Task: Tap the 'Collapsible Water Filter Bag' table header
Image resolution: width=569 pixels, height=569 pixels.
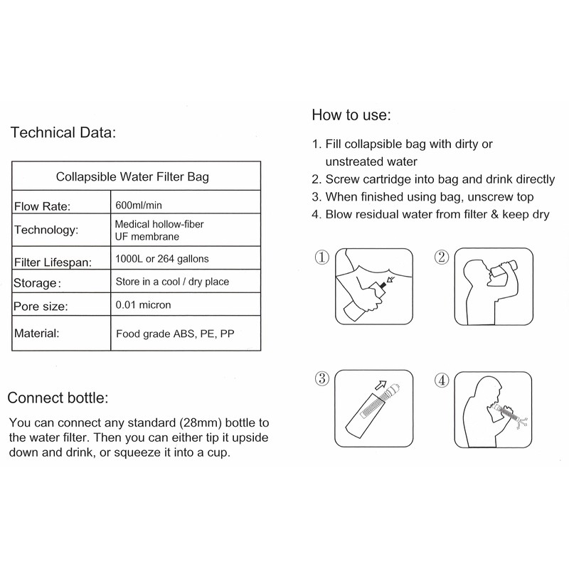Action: pyautogui.click(x=132, y=176)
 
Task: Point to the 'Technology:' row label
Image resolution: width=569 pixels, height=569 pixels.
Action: pyautogui.click(x=46, y=230)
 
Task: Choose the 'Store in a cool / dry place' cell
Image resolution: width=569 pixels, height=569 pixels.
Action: pyautogui.click(x=171, y=282)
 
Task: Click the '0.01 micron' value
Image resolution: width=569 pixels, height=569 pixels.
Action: pyautogui.click(x=143, y=305)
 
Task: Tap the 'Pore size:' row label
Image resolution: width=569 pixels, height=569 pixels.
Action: pyautogui.click(x=40, y=307)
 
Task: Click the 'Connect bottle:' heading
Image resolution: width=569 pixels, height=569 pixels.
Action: pyautogui.click(x=58, y=397)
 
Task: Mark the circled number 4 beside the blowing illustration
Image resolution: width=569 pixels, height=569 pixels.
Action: pyautogui.click(x=441, y=379)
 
